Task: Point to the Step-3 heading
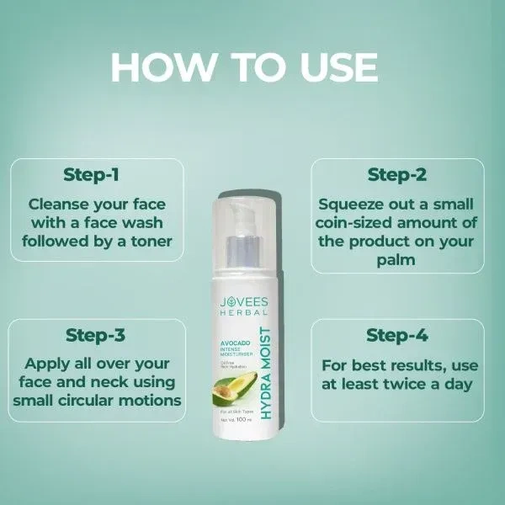pyautogui.click(x=95, y=336)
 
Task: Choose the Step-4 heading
pyautogui.click(x=397, y=335)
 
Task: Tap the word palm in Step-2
pyautogui.click(x=396, y=262)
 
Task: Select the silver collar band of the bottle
pyautogui.click(x=243, y=252)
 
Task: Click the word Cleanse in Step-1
pyautogui.click(x=60, y=204)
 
